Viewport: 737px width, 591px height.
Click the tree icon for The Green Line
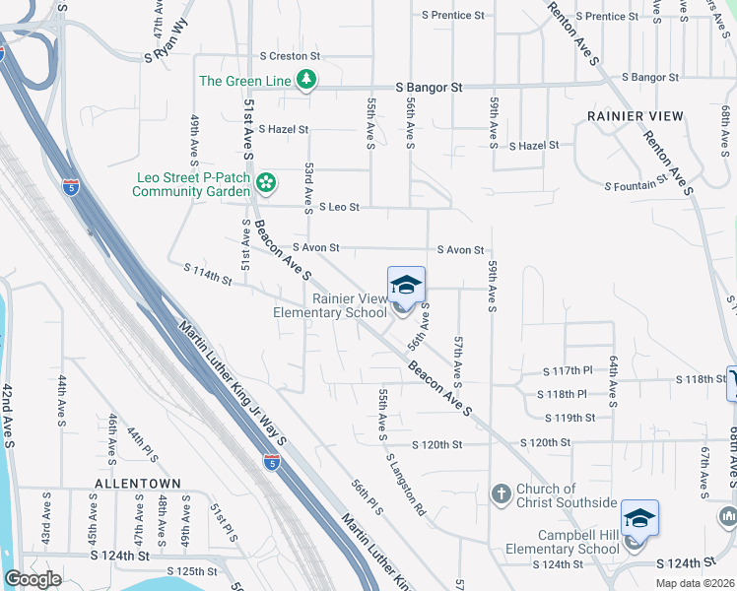306,81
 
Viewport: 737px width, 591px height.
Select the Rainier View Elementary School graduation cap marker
406,286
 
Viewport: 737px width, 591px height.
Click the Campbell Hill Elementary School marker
639,518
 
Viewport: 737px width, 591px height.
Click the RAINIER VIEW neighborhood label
636,116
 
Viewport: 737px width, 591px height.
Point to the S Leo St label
339,208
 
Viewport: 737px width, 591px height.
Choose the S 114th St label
207,274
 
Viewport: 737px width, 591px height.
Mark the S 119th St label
575,418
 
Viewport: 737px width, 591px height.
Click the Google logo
33,580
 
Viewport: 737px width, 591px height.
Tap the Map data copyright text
695,583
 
